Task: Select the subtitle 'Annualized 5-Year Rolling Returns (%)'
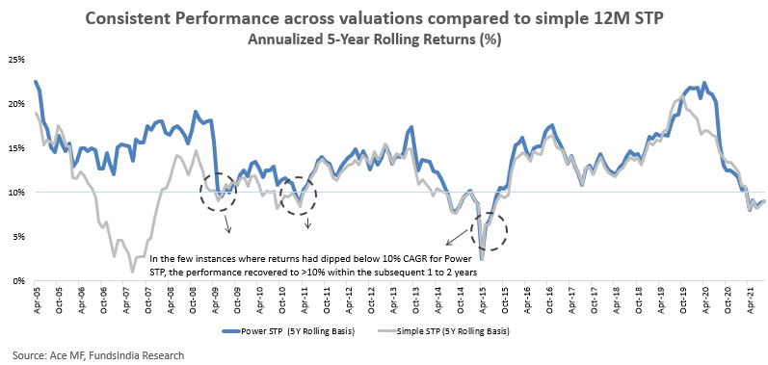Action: coord(374,39)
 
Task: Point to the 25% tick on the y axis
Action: coord(18,60)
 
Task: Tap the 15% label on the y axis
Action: coord(18,148)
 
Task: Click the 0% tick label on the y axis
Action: coord(20,281)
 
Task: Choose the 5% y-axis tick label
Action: coord(20,237)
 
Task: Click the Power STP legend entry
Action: coord(289,331)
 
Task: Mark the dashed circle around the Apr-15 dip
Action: coord(507,230)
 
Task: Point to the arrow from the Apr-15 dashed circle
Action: coord(457,237)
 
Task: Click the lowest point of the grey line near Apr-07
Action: coord(132,271)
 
